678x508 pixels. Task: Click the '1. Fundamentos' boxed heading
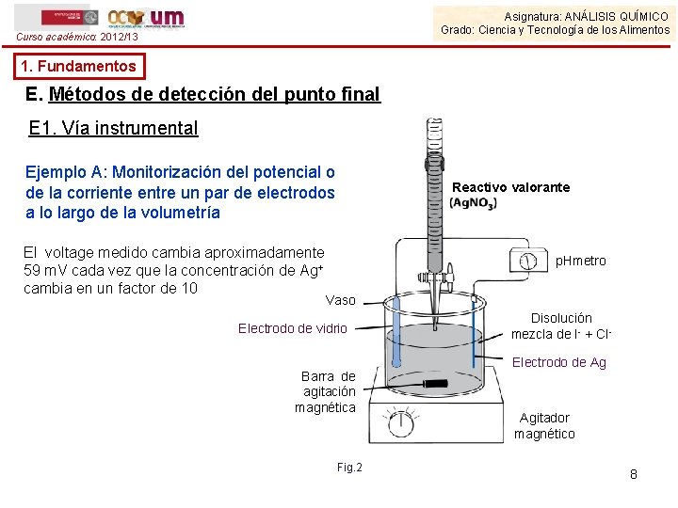[80, 67]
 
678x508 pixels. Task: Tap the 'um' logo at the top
[167, 17]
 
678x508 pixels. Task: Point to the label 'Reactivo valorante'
[510, 187]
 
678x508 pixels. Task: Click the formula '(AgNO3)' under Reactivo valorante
[473, 203]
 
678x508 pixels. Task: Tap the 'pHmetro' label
[580, 261]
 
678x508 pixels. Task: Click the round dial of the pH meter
[528, 260]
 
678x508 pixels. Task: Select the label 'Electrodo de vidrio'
[292, 328]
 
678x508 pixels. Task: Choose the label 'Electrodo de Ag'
[558, 362]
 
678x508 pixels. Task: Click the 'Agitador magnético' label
[544, 425]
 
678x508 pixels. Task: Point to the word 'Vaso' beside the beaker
[340, 300]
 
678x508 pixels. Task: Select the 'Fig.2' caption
[348, 468]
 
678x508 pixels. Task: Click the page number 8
[633, 474]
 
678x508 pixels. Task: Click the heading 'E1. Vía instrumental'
[114, 129]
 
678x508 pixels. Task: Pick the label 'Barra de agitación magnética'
[325, 391]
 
